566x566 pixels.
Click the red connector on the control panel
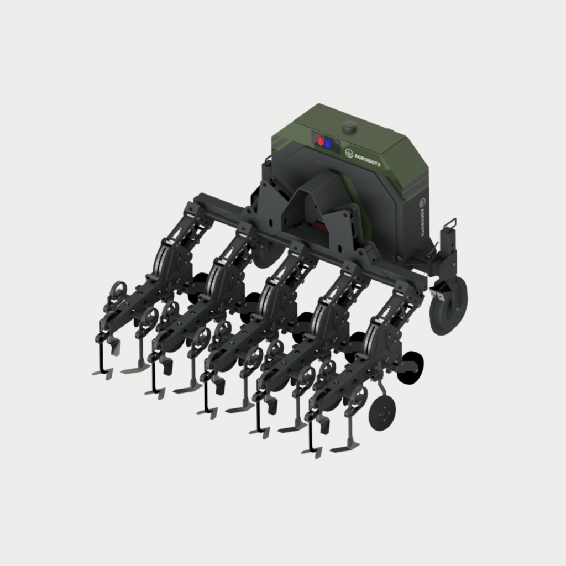point(321,141)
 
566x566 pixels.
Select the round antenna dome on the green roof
point(350,127)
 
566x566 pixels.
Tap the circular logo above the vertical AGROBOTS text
point(422,203)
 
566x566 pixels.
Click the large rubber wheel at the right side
point(449,306)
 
